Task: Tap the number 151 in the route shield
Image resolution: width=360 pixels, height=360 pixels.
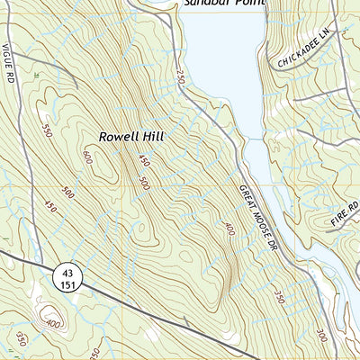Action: pyautogui.click(x=67, y=284)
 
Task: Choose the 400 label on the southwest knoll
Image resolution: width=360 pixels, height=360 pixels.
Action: pyautogui.click(x=53, y=324)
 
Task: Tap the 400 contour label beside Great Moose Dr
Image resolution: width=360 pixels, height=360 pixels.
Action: pyautogui.click(x=229, y=229)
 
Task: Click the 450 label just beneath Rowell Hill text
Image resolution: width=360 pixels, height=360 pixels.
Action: pyautogui.click(x=142, y=160)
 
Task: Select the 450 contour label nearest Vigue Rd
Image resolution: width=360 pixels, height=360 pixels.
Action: pyautogui.click(x=49, y=208)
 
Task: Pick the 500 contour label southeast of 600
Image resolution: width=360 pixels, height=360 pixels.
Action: pyautogui.click(x=144, y=183)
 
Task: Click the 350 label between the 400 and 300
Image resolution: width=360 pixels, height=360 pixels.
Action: pyautogui.click(x=280, y=296)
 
